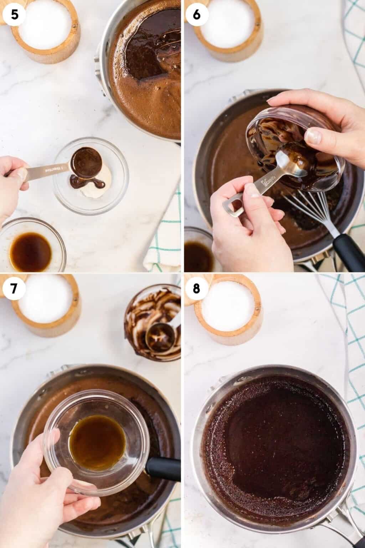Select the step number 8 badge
click(x=196, y=288)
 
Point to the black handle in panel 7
click(x=163, y=467)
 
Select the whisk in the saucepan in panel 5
click(x=168, y=54)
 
